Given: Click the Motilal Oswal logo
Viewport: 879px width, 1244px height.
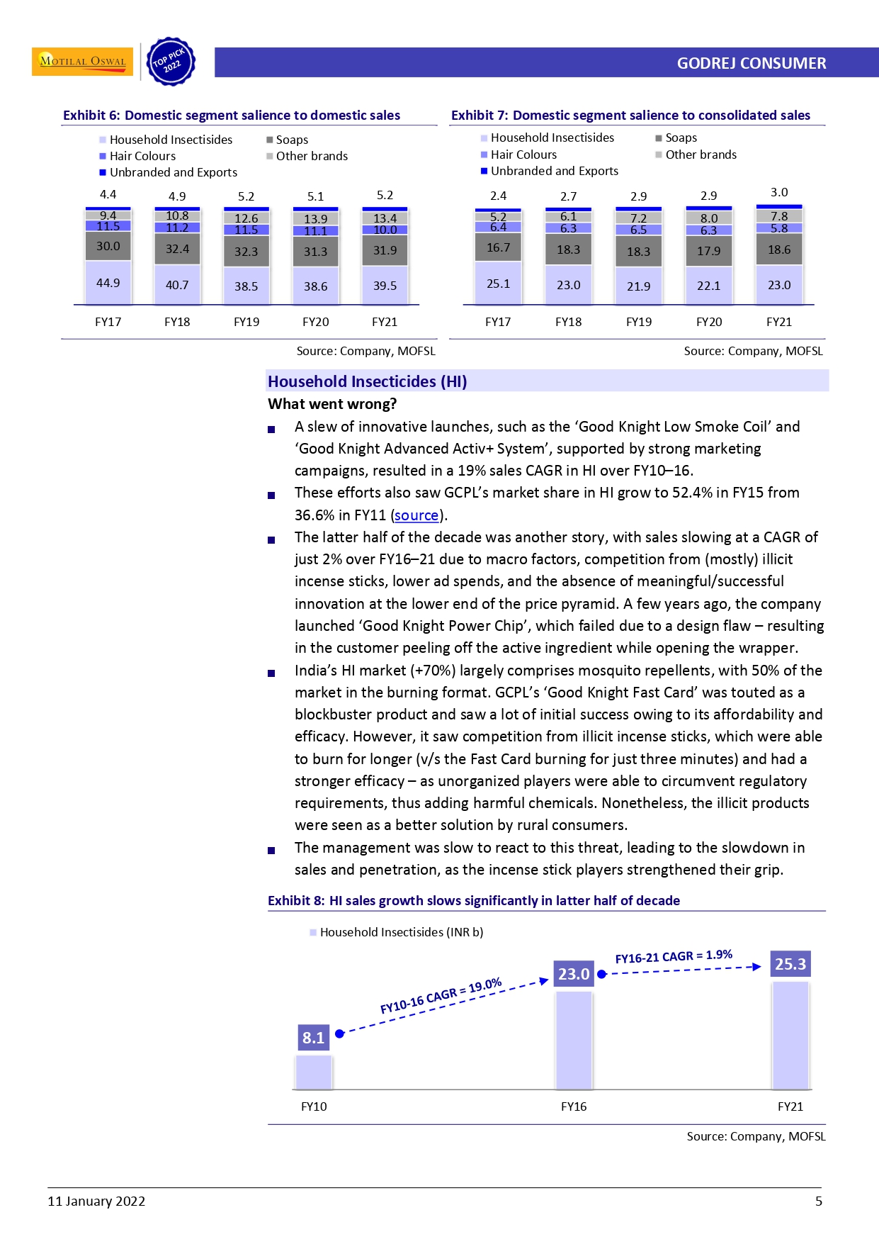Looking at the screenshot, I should (x=82, y=61).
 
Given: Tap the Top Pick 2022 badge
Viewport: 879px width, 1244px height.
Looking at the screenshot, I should (x=170, y=62).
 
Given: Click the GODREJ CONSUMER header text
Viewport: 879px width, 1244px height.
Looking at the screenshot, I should (x=751, y=63).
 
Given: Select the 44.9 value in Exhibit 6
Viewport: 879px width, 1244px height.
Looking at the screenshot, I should (x=108, y=283).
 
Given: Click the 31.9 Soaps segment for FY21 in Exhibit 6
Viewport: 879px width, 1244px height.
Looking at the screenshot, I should (x=385, y=250).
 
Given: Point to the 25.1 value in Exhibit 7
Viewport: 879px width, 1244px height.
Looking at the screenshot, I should (x=498, y=284).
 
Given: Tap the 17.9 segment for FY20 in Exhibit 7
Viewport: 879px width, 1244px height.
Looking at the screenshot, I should (x=708, y=251).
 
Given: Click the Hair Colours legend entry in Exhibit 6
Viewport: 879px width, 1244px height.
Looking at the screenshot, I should (x=142, y=156).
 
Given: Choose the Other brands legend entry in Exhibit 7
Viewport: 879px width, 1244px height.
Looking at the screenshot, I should (x=700, y=155).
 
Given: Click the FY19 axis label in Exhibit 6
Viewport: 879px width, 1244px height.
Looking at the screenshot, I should (x=246, y=322).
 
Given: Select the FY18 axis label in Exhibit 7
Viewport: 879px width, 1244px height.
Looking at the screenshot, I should (x=568, y=322).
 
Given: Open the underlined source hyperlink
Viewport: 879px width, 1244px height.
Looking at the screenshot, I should (x=416, y=515).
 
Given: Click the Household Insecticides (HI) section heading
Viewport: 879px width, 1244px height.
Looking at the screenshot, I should (x=367, y=381).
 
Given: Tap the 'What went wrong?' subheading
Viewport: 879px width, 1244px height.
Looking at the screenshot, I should (x=332, y=404).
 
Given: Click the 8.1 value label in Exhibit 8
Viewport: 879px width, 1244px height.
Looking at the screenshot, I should (x=313, y=1038).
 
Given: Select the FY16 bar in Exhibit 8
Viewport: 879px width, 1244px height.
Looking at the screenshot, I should (x=574, y=1039).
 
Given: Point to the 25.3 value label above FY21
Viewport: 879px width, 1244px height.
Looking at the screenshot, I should (x=790, y=964).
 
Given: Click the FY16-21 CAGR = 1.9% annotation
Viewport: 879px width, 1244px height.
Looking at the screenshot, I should (x=674, y=956).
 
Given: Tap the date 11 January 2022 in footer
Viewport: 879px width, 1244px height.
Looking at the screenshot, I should (x=96, y=1201).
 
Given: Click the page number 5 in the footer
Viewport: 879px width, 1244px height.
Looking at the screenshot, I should (x=819, y=1201).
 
